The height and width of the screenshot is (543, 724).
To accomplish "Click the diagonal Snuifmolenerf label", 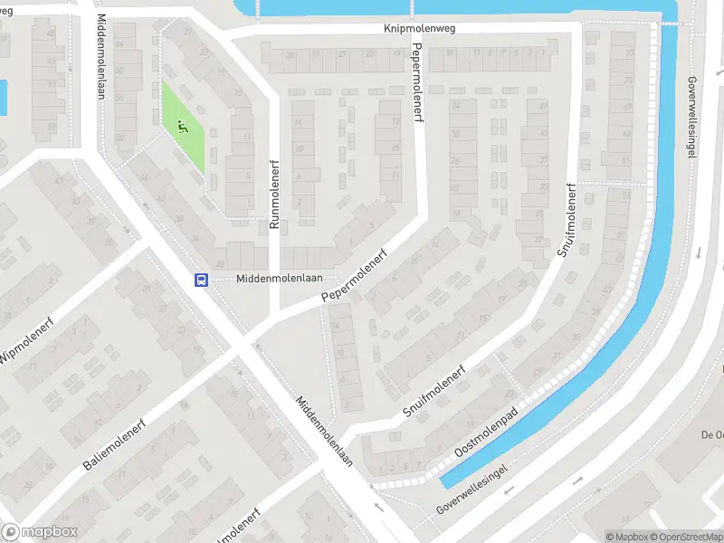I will coord(433,395).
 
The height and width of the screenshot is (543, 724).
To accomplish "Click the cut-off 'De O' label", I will coord(712,434).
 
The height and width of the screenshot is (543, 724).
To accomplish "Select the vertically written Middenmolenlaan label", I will coord(100,61).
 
